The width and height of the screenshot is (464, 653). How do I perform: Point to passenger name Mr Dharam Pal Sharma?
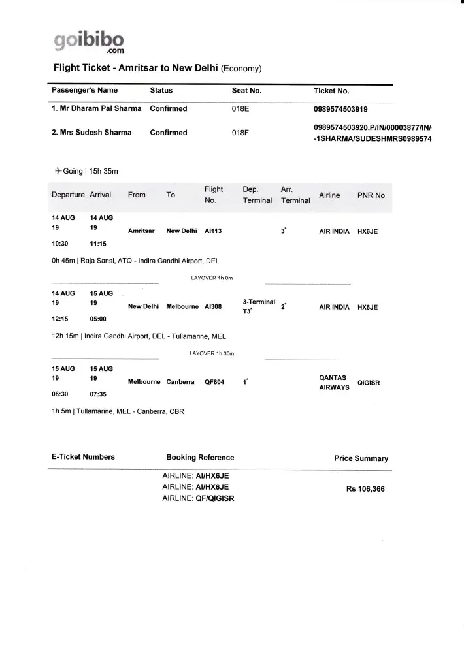point(97,109)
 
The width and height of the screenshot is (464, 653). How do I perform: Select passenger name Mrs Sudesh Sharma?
point(91,133)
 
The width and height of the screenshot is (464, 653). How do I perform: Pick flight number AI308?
point(213,307)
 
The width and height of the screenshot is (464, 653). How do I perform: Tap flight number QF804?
point(214,382)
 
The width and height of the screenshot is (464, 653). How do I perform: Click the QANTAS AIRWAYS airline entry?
point(334,382)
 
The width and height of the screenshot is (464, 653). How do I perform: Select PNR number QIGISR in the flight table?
point(369,383)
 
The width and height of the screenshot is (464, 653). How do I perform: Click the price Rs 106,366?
point(365,489)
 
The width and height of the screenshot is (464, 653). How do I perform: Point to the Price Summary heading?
point(361,458)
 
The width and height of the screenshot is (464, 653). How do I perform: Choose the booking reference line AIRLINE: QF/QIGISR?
point(198,498)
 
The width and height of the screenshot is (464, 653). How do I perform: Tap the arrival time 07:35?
point(98,394)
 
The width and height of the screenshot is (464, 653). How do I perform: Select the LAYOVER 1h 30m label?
point(212,353)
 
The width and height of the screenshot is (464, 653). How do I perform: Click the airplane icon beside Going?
point(58,171)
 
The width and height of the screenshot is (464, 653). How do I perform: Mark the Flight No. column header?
point(214,195)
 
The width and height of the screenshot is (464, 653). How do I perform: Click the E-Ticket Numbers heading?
point(83,457)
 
